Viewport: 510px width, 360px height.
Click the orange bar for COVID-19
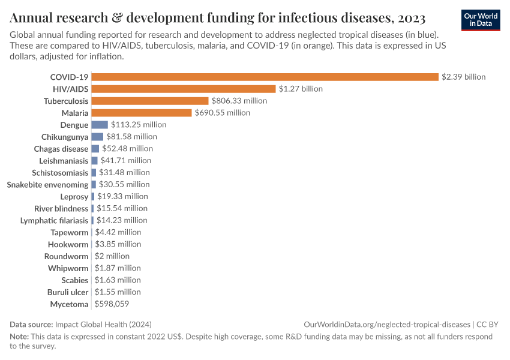265,77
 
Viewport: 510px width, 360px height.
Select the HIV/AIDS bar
184,89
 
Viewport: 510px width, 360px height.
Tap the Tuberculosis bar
150,101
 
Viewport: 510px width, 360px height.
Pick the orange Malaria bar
142,113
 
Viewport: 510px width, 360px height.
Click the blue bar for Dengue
100,125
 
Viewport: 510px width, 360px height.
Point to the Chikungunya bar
97,137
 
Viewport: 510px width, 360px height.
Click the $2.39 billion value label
463,77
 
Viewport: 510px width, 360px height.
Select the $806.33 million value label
239,101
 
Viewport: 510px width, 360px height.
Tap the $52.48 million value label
127,148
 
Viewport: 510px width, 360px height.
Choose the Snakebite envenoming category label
47,184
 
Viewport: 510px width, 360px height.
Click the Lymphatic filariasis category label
54,220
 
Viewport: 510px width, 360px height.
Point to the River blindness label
61,208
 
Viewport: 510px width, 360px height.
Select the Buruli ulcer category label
68,292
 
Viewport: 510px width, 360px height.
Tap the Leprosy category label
74,196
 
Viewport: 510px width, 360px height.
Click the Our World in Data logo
480,20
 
